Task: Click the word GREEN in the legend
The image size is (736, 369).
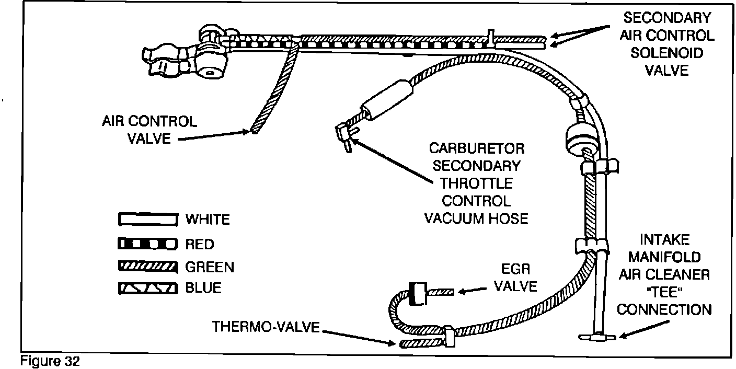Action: (210, 268)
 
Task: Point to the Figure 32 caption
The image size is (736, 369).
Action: (50, 362)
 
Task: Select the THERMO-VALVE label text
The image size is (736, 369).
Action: (266, 327)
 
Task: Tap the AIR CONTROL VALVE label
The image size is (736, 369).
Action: (149, 130)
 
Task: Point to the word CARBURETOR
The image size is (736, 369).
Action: (477, 149)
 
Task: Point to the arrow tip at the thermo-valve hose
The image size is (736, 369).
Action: (395, 343)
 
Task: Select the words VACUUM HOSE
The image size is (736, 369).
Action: (476, 218)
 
